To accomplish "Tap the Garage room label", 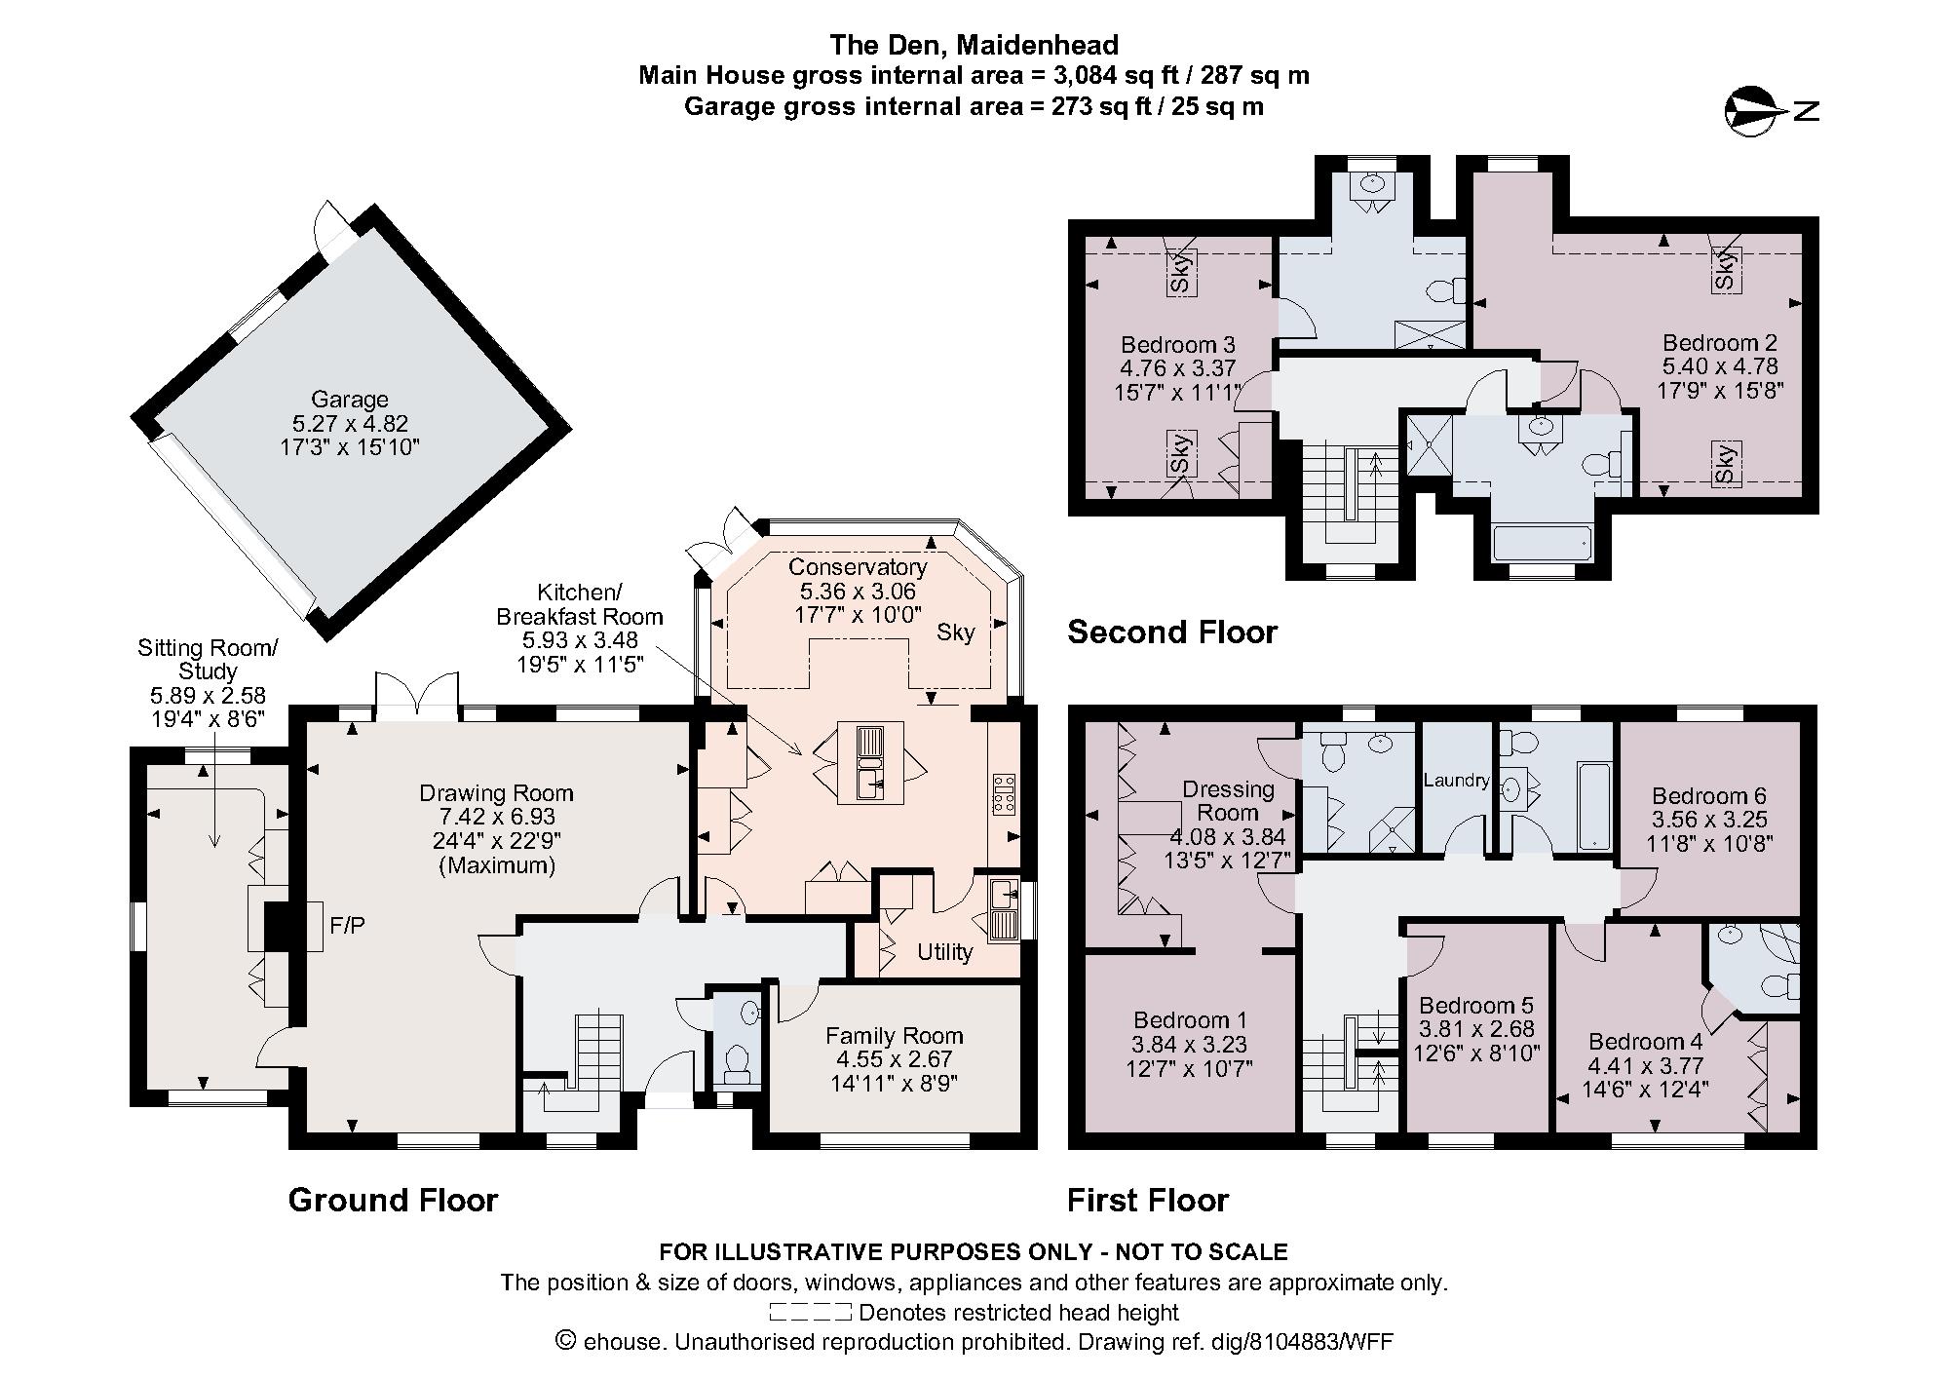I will coord(349,400).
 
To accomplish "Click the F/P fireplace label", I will coord(348,926).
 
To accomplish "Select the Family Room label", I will coord(894,1036).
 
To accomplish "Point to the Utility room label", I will coord(944,952).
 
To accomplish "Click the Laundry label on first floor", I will coord(1456,781).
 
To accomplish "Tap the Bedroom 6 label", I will coord(1708,796).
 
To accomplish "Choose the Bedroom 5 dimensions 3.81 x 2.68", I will coord(1475,1029).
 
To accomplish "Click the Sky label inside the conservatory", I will coord(955,632).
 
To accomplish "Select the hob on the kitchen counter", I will coord(1003,794).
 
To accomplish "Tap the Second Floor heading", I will coord(1171,632).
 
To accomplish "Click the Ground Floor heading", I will coord(393,1200).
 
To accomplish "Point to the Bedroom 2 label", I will coord(1719,343).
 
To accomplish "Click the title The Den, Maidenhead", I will coord(974,45).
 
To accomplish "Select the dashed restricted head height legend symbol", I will coord(810,1313).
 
